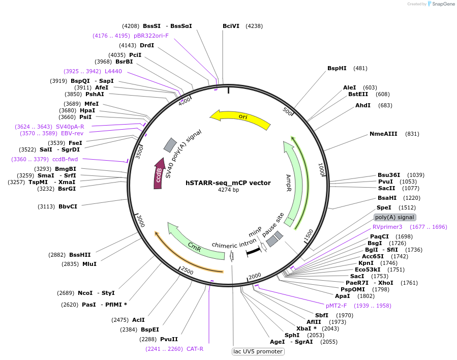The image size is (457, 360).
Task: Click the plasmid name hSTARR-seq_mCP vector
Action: coord(228,183)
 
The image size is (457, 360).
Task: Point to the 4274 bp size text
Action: coord(228,190)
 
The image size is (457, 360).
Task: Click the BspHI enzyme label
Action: coord(337,68)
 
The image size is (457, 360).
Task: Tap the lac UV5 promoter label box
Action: coord(258,351)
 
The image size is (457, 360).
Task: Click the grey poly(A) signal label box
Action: coord(394,217)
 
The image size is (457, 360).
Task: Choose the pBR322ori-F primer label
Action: coord(151,36)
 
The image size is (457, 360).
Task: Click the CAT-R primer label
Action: coord(195,349)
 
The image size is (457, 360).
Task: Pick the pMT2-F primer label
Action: coord(336,306)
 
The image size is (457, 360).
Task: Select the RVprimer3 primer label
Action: coord(387,227)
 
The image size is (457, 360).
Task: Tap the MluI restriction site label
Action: coord(89,264)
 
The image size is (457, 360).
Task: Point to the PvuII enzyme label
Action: coord(169,339)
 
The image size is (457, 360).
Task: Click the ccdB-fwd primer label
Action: coord(65,159)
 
